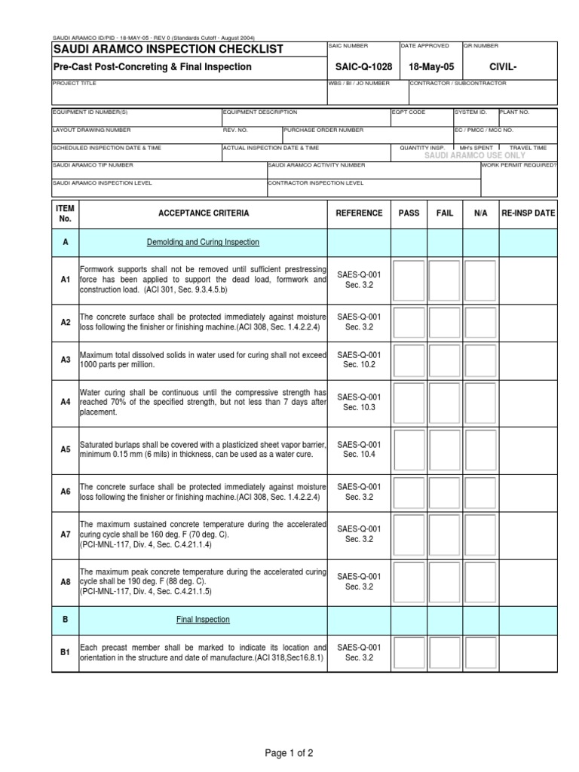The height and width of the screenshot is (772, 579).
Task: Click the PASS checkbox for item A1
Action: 409,280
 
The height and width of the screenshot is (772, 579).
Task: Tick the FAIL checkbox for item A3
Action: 445,360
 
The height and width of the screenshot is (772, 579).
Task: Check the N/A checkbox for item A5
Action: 480,449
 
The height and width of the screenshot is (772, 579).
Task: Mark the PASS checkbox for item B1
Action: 409,652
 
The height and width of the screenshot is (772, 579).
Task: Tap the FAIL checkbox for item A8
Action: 445,581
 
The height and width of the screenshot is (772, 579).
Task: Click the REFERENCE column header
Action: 359,213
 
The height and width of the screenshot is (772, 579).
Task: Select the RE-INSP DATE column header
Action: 528,213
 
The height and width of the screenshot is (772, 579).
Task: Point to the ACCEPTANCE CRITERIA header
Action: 204,213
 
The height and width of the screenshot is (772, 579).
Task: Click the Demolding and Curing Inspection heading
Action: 203,242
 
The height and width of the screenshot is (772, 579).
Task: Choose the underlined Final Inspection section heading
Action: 203,620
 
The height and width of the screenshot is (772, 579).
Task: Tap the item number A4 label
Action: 66,403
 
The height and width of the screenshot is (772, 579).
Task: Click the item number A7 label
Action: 66,534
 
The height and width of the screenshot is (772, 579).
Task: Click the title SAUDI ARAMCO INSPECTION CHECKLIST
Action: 168,50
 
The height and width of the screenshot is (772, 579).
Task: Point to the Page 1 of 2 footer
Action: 289,752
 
